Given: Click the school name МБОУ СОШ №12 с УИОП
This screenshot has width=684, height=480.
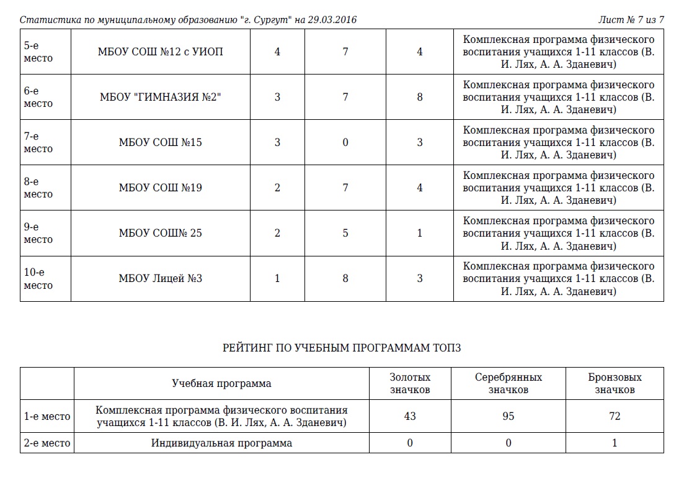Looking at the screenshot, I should coord(161,52).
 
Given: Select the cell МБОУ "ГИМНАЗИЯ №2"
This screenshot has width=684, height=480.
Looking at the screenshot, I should coord(161,97).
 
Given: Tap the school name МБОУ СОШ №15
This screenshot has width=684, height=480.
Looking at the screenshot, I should coord(161,142).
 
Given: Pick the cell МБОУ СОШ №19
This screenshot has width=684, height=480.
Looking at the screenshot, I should coord(161,188).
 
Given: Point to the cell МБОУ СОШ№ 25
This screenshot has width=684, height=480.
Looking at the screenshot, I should coord(161,233).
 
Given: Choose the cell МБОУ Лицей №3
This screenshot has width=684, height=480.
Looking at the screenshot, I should coord(161,279).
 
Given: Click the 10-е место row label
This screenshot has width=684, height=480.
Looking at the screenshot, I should coord(38,279).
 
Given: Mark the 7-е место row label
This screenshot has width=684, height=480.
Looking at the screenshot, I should coord(38,142).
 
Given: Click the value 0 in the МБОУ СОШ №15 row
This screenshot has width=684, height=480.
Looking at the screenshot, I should coord(345,142).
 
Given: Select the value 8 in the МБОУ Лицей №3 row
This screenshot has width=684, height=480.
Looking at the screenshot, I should coord(345,279).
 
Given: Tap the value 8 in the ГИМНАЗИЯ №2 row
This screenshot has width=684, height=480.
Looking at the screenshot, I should coord(420,97).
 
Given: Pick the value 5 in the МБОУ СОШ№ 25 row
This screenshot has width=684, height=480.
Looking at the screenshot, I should coord(345,233).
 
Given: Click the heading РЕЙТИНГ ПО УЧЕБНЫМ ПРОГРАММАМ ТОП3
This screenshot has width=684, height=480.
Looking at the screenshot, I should coord(342,348).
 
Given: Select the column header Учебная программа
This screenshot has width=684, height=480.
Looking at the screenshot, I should coord(221,383).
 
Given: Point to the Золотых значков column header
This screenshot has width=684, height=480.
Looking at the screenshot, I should coord(410,383).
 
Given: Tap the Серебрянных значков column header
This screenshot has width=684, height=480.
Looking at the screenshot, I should coord(509,383).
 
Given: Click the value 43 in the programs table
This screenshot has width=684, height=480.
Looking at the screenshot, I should coord(410,417).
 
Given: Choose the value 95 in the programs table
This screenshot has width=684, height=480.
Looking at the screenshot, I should coord(509,417).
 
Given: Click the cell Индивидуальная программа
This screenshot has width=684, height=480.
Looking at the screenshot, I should coord(221,443).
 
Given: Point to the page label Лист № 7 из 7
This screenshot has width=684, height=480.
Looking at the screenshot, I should coord(631,20).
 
